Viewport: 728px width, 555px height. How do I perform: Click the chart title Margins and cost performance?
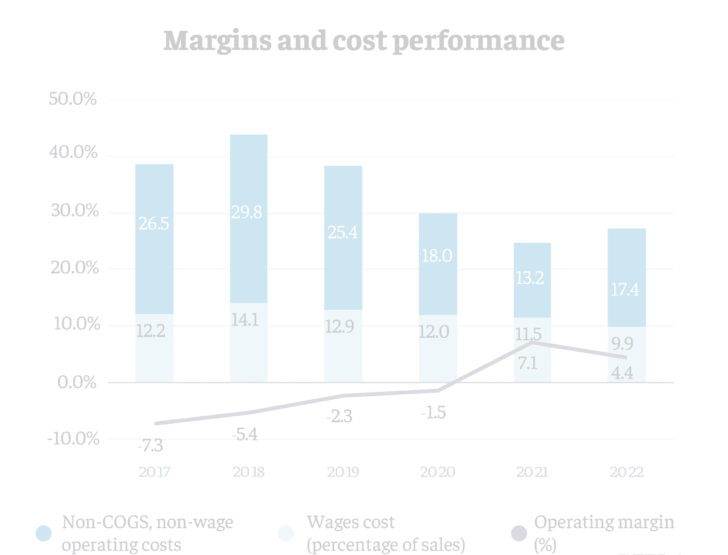363,40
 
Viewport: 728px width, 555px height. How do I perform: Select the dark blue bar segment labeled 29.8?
248,218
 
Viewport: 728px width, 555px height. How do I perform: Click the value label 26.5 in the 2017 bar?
154,223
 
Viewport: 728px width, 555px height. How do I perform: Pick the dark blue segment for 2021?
532,280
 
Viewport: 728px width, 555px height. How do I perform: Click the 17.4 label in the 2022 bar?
627,290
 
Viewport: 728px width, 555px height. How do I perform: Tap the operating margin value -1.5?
433,413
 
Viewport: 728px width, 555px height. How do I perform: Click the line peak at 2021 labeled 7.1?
533,343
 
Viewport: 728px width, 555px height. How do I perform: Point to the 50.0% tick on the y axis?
72,99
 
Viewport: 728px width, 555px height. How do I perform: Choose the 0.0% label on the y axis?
75,382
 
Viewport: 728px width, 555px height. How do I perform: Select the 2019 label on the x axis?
343,472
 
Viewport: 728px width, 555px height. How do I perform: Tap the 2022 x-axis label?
626,472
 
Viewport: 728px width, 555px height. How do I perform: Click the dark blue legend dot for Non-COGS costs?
44,534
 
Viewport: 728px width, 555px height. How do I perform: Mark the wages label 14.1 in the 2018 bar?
248,319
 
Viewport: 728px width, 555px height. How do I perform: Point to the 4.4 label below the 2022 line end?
622,374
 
